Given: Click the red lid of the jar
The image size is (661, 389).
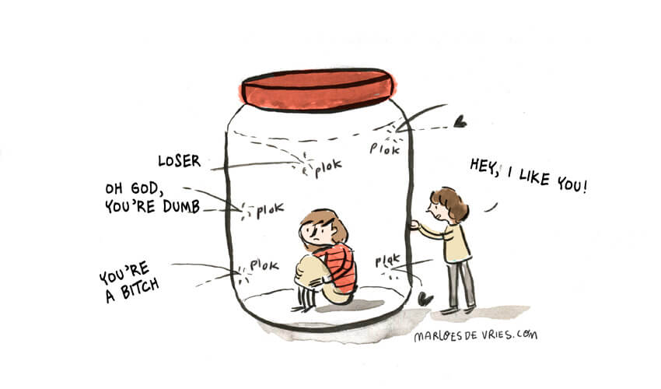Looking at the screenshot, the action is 317,90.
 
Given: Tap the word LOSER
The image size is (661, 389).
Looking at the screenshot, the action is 179,161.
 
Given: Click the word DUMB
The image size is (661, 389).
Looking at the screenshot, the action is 181,206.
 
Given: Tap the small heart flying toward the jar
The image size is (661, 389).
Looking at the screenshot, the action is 460,121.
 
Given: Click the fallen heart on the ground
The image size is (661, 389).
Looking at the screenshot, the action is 425,299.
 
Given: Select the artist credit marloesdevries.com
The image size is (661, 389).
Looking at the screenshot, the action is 475,335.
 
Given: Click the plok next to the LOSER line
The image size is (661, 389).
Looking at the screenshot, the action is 328,168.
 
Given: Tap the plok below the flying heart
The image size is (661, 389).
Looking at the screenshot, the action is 384,149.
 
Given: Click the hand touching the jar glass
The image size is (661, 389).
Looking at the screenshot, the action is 414,225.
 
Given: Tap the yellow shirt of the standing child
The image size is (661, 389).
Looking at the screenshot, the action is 454,243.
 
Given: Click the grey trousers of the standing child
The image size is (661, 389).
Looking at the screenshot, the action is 461,282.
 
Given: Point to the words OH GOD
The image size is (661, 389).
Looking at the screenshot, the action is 131,188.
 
